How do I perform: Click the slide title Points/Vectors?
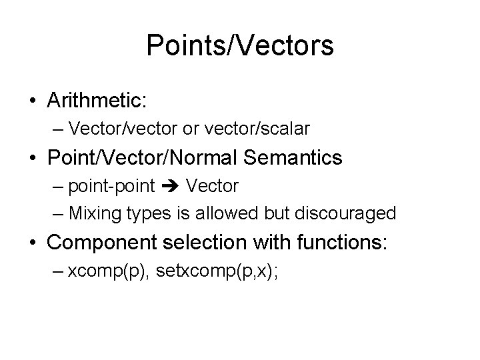tap(240, 45)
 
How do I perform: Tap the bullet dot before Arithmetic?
tap(32, 101)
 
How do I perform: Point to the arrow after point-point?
tap(171, 186)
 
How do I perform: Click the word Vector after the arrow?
tap(212, 185)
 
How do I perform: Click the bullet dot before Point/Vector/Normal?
tap(32, 159)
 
